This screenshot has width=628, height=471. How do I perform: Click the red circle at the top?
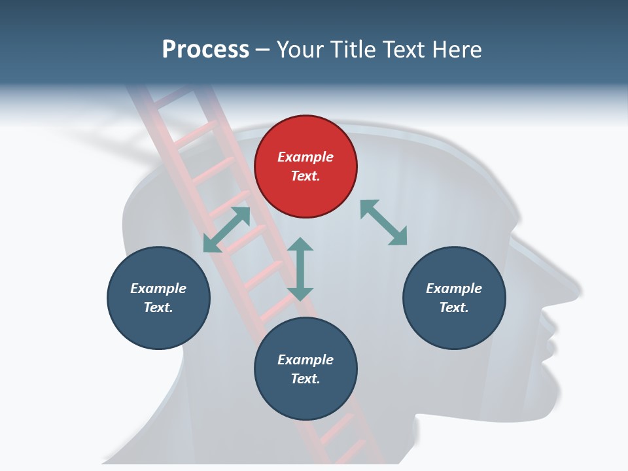(305, 167)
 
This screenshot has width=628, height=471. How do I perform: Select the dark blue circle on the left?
(158, 298)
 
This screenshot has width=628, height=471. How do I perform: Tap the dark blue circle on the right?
(454, 298)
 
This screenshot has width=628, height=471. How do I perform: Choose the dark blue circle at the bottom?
(305, 369)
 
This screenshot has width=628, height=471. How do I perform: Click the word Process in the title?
(205, 49)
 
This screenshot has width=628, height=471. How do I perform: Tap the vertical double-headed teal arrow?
(300, 269)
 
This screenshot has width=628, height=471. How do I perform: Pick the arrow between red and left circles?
(226, 230)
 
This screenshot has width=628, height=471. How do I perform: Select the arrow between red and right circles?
(383, 222)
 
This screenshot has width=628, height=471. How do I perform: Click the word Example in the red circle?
(305, 157)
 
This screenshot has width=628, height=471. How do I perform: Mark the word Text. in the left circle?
(158, 307)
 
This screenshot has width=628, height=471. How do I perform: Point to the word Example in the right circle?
(454, 288)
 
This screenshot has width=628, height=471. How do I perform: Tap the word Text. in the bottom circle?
(305, 379)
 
